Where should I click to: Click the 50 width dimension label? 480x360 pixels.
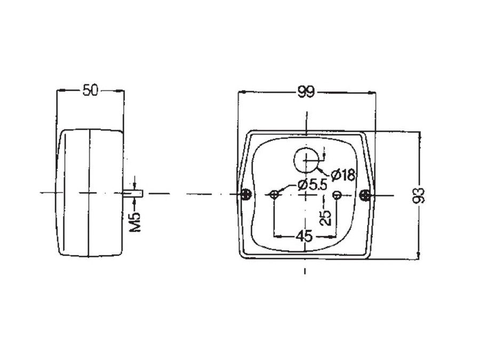[x=91, y=91]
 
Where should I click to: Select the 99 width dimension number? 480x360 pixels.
[x=306, y=92]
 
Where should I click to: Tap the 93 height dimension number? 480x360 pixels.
[x=419, y=196]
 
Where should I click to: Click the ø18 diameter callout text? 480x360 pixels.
[x=343, y=175]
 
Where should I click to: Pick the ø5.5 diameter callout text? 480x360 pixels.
[x=312, y=185]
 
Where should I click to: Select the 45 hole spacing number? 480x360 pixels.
[x=305, y=236]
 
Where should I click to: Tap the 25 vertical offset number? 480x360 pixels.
[x=326, y=218]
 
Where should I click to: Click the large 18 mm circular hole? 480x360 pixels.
[x=306, y=160]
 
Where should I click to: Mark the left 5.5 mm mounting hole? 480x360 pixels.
[x=274, y=194]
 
